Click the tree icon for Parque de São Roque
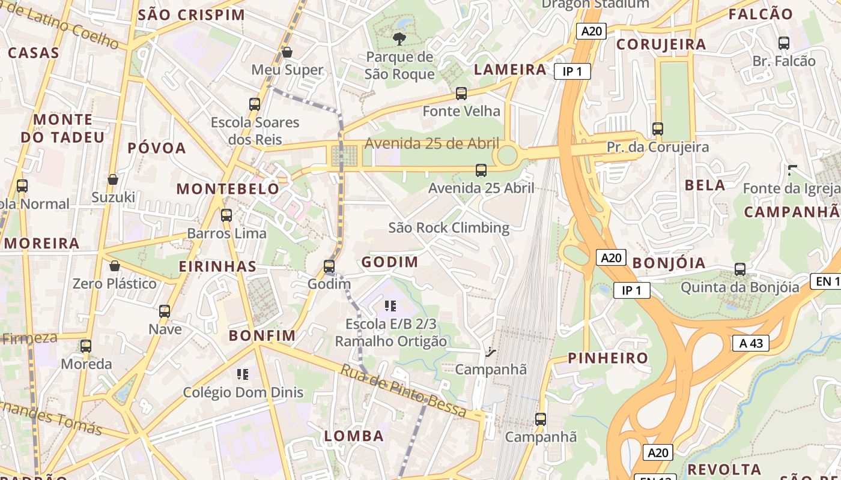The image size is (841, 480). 399,40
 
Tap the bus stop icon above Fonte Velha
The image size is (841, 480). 461,94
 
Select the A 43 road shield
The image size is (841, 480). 751,343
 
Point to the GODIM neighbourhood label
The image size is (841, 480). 389,262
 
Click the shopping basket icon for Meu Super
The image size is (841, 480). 287,52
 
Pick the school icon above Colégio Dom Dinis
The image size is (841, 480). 243,375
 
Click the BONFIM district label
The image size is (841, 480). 263,336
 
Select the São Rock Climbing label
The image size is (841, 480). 449,228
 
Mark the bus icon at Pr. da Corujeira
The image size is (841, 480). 658,129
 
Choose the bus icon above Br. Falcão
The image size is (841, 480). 784,43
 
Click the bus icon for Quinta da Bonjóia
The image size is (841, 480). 740,269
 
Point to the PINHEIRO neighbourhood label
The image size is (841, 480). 608,359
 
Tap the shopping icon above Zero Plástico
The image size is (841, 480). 114,266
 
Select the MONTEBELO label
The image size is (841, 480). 228,189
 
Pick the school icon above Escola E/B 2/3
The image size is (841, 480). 390,307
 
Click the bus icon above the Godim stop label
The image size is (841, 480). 329,266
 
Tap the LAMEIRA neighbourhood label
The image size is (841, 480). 510,70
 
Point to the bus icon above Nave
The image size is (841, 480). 165,311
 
